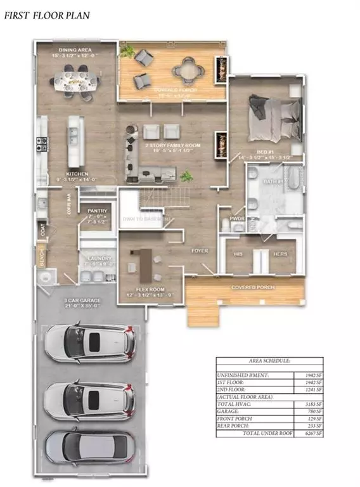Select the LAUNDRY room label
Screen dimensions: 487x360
(97, 259)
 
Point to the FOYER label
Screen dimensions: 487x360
(200, 251)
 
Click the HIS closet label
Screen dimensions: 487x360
(240, 254)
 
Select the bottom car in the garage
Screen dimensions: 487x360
(89, 448)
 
